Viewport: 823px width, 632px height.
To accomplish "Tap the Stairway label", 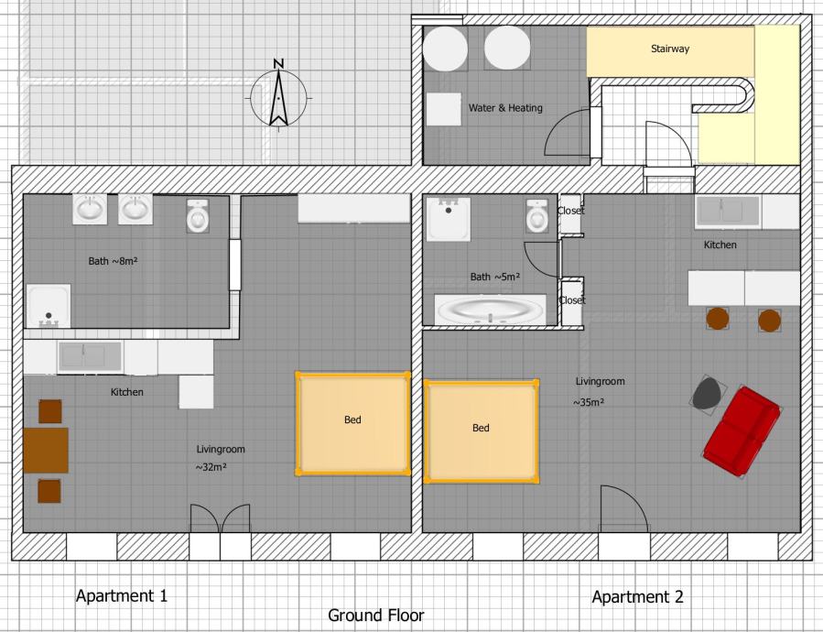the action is click(x=670, y=49).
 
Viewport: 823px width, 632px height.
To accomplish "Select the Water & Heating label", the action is click(x=505, y=108).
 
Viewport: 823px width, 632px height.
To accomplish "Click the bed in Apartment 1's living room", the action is click(x=352, y=423).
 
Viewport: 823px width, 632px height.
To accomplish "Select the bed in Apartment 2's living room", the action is click(x=482, y=430).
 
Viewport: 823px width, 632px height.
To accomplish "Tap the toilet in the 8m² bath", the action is click(x=198, y=215).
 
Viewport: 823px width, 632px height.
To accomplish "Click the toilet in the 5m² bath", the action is click(x=537, y=216).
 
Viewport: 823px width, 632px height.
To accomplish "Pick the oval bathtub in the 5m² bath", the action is click(x=491, y=310).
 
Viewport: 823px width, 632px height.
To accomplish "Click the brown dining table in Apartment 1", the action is click(x=46, y=451).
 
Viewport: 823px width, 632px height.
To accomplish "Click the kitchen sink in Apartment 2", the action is click(x=728, y=212).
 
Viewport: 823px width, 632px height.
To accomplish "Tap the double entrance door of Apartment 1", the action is click(x=220, y=518).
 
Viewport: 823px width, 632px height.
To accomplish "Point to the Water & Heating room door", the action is click(x=567, y=133).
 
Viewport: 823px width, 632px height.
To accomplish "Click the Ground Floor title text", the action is click(x=376, y=616).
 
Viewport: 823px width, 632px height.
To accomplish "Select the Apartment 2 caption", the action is click(x=638, y=597).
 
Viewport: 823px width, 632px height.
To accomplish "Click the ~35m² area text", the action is click(x=589, y=402).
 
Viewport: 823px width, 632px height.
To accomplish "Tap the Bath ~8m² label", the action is click(x=113, y=260).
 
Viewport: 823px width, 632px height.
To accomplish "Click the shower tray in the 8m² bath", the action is click(x=49, y=306).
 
